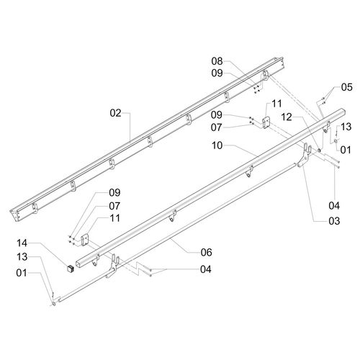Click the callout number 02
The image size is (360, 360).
click(x=115, y=113)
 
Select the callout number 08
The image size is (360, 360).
click(x=217, y=61)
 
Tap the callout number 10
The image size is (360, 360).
click(x=217, y=145)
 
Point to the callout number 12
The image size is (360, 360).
click(x=287, y=117)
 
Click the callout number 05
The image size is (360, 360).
click(x=347, y=87)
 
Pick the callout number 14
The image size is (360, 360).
click(x=22, y=243)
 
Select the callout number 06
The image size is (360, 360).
click(x=207, y=252)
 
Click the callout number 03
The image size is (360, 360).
click(x=334, y=221)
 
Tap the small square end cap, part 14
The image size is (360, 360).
click(x=70, y=269)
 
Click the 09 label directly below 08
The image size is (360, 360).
click(x=217, y=73)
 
